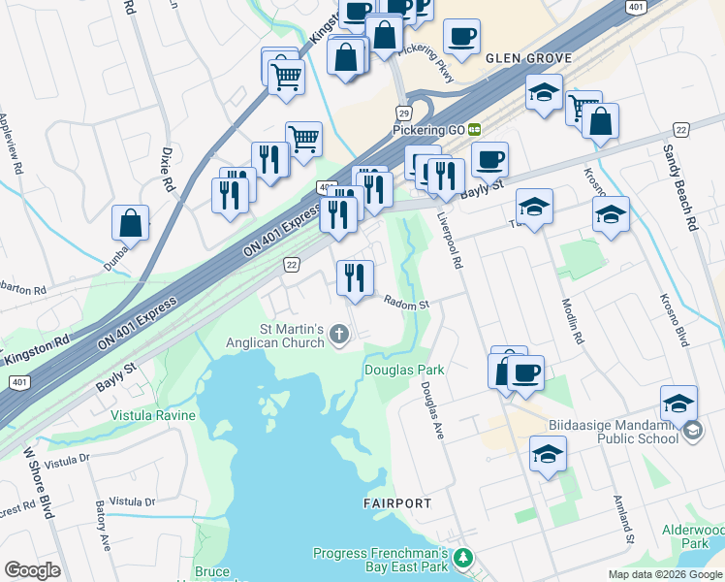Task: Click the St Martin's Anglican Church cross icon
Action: pyautogui.click(x=339, y=336)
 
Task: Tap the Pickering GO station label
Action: pyautogui.click(x=429, y=129)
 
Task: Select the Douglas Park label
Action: pyautogui.click(x=403, y=370)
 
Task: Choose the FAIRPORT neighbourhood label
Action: pyautogui.click(x=397, y=503)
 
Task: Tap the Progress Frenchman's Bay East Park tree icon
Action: pyautogui.click(x=464, y=558)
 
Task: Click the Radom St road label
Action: pyautogui.click(x=405, y=304)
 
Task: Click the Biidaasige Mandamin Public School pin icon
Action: pyautogui.click(x=692, y=431)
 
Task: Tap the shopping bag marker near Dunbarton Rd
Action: pyautogui.click(x=130, y=223)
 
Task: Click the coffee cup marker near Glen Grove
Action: pyautogui.click(x=461, y=37)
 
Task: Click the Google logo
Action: pyautogui.click(x=32, y=569)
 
